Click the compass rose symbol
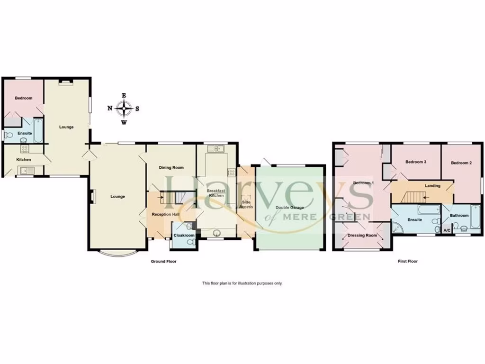click(124, 109)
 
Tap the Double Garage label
click(290, 208)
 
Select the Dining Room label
click(171, 168)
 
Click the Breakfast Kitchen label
click(216, 193)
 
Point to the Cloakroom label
click(184, 235)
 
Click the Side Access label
click(246, 205)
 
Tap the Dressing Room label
click(362, 235)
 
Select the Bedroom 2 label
click(461, 163)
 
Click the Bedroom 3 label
click(416, 162)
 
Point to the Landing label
click(432, 186)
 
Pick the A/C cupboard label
click(447, 230)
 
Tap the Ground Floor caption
click(163, 261)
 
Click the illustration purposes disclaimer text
click(242, 283)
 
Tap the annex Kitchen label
click(24, 160)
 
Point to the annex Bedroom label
click(23, 98)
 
